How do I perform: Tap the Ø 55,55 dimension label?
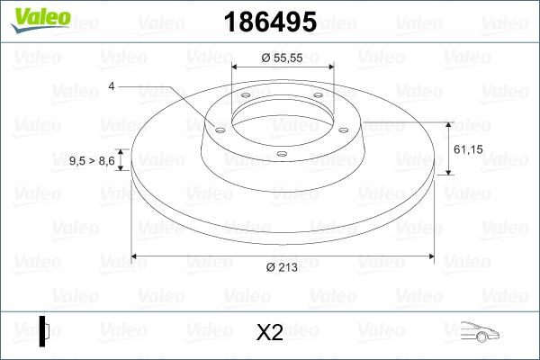tap(282, 57)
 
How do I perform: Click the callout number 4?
tap(111, 86)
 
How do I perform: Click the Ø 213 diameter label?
tap(282, 266)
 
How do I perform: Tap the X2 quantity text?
tap(269, 333)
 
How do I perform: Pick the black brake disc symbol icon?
tap(44, 330)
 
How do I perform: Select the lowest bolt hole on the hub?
tap(281, 154)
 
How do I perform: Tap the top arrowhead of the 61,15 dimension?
tap(448, 122)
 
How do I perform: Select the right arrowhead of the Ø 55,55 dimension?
tap(329, 67)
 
